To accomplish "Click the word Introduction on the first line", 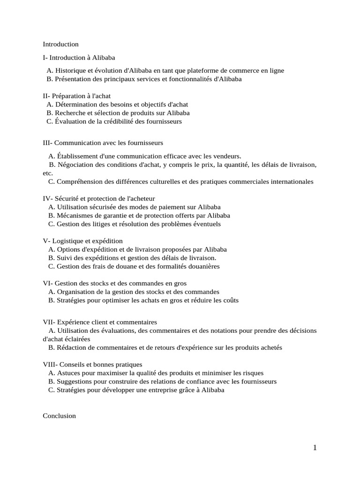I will pyautogui.click(x=60, y=45).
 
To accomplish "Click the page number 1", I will pyautogui.click(x=315, y=448).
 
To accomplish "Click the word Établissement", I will pyautogui.click(x=77, y=156).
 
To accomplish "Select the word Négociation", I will pyautogui.click(x=76, y=165).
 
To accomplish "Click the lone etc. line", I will pyautogui.click(x=47, y=173).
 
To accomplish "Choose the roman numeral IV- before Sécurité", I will pyautogui.click(x=48, y=199).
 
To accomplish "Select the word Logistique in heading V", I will pyautogui.click(x=67, y=241).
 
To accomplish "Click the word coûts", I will pyautogui.click(x=229, y=300).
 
